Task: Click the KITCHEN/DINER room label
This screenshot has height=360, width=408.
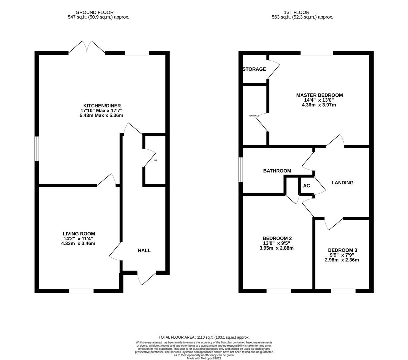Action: [102, 106]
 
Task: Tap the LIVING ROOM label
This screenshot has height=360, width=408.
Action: [79, 234]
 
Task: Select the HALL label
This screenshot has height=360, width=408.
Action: [144, 250]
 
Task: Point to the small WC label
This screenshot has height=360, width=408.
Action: [155, 160]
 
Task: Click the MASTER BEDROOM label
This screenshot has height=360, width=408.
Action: [319, 95]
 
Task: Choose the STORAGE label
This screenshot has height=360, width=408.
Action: [254, 69]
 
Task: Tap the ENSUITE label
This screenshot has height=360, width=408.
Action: [254, 116]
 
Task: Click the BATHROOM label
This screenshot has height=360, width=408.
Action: [277, 171]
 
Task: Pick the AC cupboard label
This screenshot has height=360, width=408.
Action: [306, 186]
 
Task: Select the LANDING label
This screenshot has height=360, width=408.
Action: [342, 183]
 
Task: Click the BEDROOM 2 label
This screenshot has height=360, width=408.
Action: [277, 238]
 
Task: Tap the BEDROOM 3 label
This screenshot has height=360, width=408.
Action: [342, 250]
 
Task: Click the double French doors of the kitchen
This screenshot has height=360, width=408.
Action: [87, 47]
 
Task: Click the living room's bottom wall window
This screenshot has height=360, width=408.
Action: [81, 291]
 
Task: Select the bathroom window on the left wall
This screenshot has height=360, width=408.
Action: [241, 170]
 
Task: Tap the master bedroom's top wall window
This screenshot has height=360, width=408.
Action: [317, 53]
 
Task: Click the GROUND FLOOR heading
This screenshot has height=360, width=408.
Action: [94, 12]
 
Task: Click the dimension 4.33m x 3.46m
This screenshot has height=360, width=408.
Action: [78, 244]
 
